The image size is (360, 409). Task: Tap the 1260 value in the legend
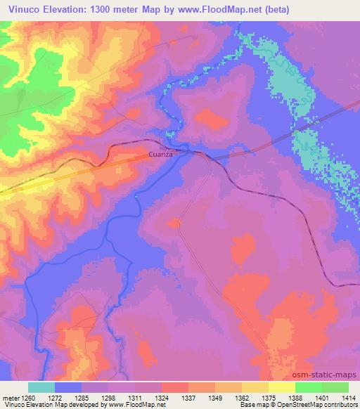click(27, 398)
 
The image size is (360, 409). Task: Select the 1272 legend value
click(56, 398)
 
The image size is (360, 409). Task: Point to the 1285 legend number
click(82, 398)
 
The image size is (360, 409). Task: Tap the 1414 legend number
click(347, 398)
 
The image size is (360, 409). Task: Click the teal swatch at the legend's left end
click(41, 387)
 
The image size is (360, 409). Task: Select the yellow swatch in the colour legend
click(282, 387)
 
